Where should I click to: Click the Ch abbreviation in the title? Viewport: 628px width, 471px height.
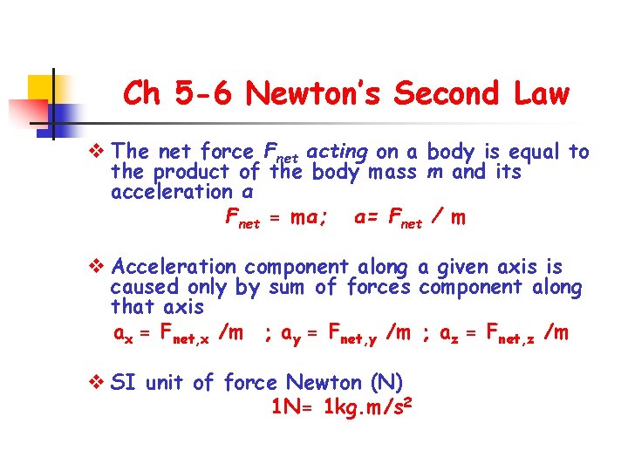coord(141,93)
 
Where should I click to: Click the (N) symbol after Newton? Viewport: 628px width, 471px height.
coord(386,382)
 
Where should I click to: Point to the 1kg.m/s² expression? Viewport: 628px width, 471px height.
coord(367,406)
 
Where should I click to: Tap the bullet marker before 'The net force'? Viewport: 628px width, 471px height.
coord(98,153)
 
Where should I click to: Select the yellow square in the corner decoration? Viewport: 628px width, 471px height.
coord(42,88)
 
